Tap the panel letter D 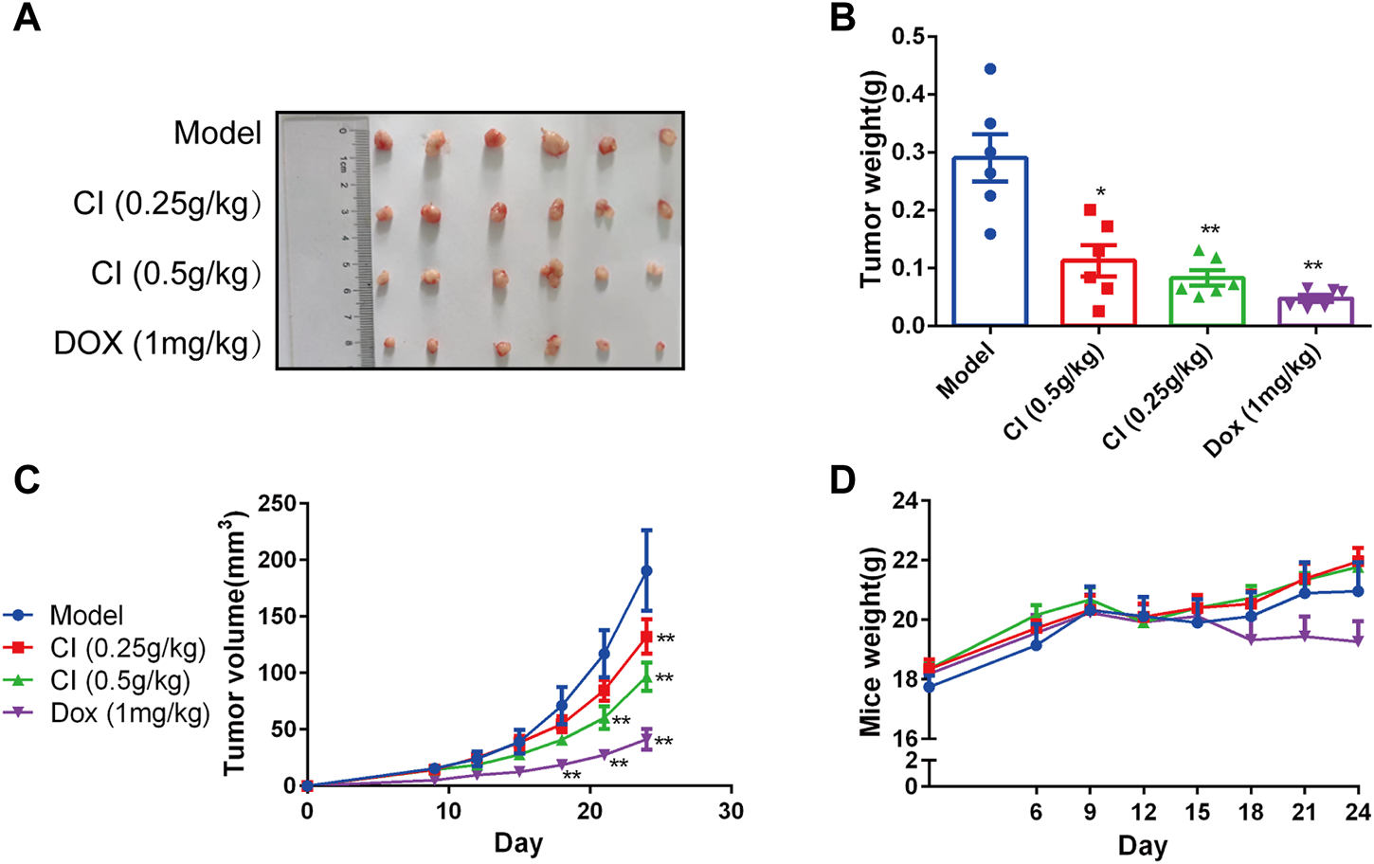pos(844,480)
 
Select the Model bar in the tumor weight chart pos(989,242)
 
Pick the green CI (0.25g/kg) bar pos(1207,301)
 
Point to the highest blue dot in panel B pos(990,69)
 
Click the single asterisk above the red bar pos(1100,193)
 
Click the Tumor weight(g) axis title pos(871,180)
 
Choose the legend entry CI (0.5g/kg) pos(119,680)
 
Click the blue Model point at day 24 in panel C pos(646,571)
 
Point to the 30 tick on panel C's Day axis pos(731,811)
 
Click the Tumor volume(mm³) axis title pos(235,644)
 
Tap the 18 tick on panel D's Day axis pos(1251,812)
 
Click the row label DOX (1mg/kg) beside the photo pos(157,343)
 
